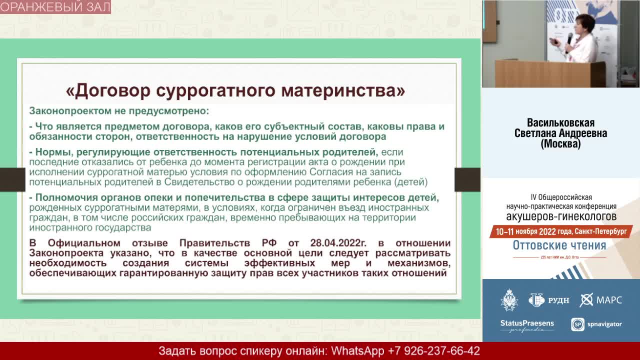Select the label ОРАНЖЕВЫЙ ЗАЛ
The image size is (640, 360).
pos(55,7)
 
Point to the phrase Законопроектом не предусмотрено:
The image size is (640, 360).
pos(119,110)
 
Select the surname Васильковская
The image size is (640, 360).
pos(560,123)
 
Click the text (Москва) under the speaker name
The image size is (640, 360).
pos(560,144)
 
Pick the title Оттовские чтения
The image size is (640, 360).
pos(559,245)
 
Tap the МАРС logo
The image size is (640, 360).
pos(601,300)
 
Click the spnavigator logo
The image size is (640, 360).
pos(596,324)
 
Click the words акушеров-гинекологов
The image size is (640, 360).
pos(561,216)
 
